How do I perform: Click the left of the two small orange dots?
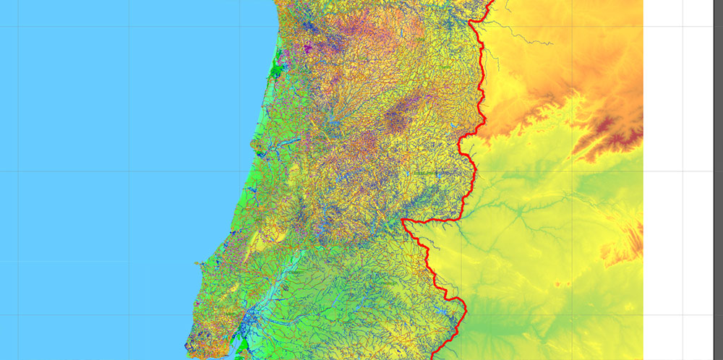pos(557,285)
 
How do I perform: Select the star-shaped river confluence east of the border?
pos(519,212)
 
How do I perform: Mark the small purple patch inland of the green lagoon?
pos(307,49)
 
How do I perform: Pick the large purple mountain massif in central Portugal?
pos(395,119)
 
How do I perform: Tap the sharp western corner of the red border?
pos(402,218)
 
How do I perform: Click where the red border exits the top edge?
pos(492,2)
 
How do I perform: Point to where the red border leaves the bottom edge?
pos(433,357)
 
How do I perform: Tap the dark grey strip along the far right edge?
pos(719,181)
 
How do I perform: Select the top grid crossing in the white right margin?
pos(683,27)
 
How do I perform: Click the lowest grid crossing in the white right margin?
pos(683,315)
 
